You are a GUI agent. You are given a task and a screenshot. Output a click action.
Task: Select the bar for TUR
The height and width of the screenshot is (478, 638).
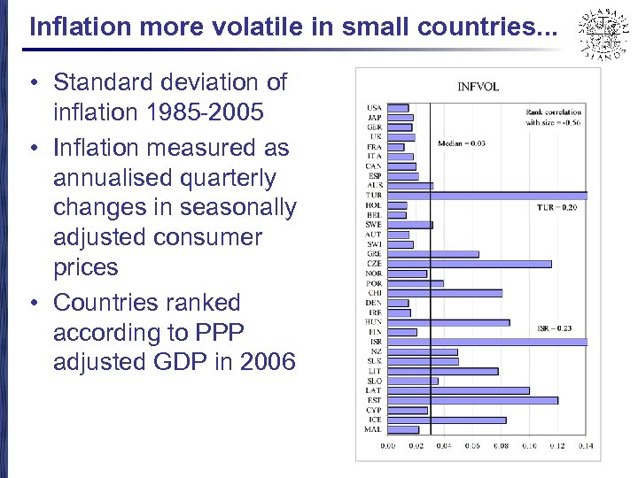coord(487,195)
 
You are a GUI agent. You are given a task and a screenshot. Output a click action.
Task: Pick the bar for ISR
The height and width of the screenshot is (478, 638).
coord(487,342)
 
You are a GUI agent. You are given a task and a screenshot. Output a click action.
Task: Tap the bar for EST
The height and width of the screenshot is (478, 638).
coord(473,400)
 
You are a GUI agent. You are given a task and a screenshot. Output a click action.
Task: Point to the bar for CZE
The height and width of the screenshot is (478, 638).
coord(470,264)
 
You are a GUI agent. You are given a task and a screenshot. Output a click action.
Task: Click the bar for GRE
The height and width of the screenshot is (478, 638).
coord(433,254)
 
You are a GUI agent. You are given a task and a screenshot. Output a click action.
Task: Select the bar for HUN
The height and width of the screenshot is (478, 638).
coord(448,322)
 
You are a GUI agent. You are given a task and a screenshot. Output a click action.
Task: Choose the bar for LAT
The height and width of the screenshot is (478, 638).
coord(459,390)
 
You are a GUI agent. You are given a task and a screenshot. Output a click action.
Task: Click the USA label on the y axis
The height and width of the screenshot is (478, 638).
coord(374,108)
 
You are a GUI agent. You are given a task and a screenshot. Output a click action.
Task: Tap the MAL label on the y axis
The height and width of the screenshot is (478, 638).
coord(373,429)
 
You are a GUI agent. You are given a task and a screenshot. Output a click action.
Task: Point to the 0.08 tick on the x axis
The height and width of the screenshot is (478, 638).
coord(502,445)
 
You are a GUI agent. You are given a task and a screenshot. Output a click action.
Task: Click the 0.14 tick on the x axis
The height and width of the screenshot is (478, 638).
coord(586,445)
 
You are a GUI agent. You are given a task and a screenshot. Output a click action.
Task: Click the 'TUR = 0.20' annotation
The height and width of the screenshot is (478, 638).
coord(556,208)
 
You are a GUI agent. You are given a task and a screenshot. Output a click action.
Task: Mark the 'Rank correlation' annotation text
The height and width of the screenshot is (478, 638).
coord(553,113)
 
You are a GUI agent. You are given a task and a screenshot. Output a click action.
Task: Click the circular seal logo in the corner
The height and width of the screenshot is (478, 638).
coord(599,33)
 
